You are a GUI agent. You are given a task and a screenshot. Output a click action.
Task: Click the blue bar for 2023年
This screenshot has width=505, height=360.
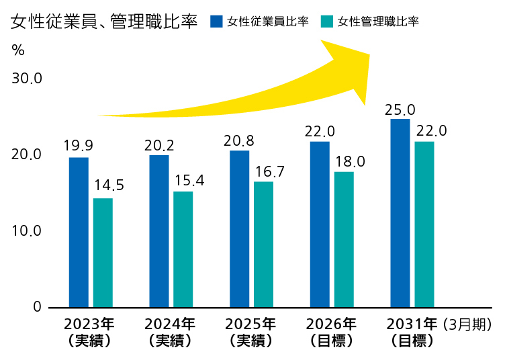[x=79, y=232]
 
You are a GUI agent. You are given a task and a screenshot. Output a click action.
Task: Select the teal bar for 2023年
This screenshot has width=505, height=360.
[x=103, y=253]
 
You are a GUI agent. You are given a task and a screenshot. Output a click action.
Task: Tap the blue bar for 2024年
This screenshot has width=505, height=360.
[x=159, y=231]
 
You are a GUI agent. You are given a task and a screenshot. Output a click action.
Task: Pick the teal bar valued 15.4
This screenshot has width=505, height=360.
[x=183, y=249]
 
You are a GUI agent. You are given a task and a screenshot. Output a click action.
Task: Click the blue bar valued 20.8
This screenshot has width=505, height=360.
[x=239, y=228]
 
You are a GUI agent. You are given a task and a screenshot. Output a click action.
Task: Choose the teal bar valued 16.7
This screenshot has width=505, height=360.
[x=263, y=244]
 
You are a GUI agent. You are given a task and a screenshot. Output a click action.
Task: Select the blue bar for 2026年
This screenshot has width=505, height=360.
[x=320, y=224]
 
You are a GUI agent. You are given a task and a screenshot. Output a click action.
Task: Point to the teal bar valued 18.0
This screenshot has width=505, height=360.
[x=344, y=239]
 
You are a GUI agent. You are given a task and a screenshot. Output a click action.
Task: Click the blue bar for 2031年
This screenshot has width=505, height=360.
[x=400, y=213]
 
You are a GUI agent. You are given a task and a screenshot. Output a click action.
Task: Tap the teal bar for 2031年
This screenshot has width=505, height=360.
[x=424, y=224]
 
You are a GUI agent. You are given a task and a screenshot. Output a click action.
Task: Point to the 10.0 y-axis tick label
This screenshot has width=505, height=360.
[x=27, y=231]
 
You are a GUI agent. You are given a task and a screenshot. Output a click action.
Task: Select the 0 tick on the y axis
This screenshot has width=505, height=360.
[x=37, y=308]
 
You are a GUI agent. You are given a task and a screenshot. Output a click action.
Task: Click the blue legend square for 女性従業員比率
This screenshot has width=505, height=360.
[x=216, y=21]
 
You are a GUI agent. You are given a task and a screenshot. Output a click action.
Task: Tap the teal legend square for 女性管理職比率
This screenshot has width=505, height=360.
[x=327, y=21]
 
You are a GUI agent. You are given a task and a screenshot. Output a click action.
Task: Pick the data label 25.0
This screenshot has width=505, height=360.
[x=400, y=109]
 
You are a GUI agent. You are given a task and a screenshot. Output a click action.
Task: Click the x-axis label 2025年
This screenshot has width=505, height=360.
[x=250, y=324]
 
